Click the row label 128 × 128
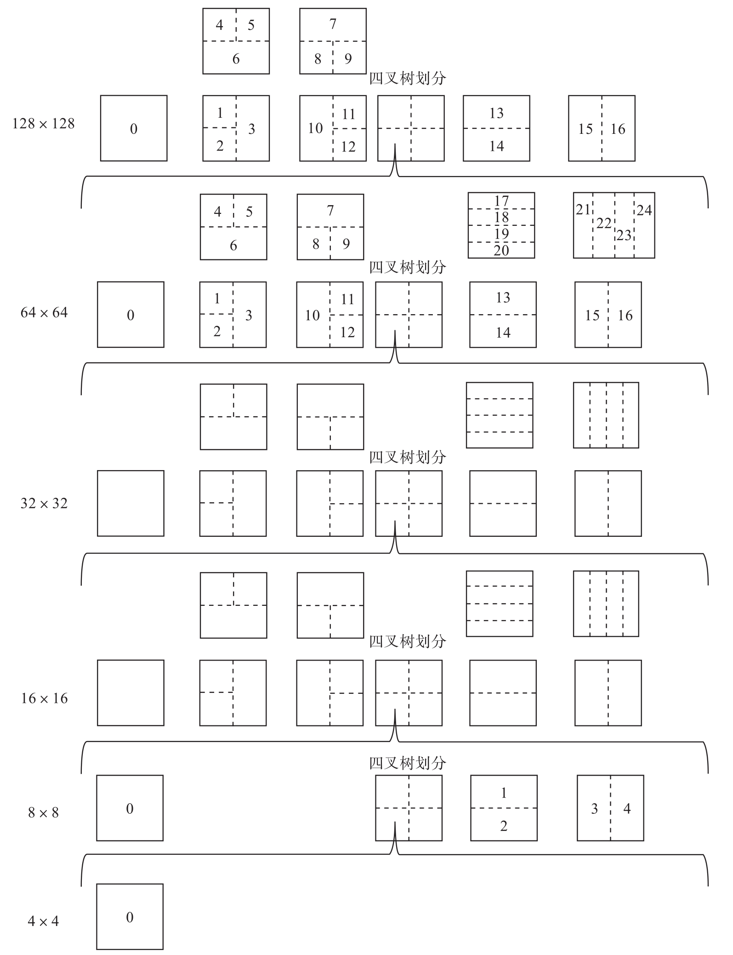pyautogui.click(x=43, y=124)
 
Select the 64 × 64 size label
pyautogui.click(x=44, y=313)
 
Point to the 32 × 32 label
pyautogui.click(x=44, y=503)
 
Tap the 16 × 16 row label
pyautogui.click(x=44, y=698)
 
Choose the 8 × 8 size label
pyautogui.click(x=44, y=812)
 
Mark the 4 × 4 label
pyautogui.click(x=44, y=921)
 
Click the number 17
pyautogui.click(x=501, y=201)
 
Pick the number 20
pyautogui.click(x=501, y=250)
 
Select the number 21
pyautogui.click(x=583, y=210)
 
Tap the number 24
pyautogui.click(x=644, y=210)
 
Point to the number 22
pyautogui.click(x=604, y=223)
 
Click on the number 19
pyautogui.click(x=501, y=234)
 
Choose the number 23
pyautogui.click(x=624, y=235)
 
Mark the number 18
pyautogui.click(x=501, y=217)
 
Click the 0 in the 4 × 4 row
pyautogui.click(x=130, y=917)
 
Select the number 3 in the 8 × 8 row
pyautogui.click(x=594, y=809)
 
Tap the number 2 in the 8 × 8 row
pyautogui.click(x=504, y=826)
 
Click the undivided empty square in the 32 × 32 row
pyautogui.click(x=131, y=503)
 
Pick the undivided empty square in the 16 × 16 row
pyautogui.click(x=131, y=693)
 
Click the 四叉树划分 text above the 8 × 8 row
pyautogui.click(x=408, y=763)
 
